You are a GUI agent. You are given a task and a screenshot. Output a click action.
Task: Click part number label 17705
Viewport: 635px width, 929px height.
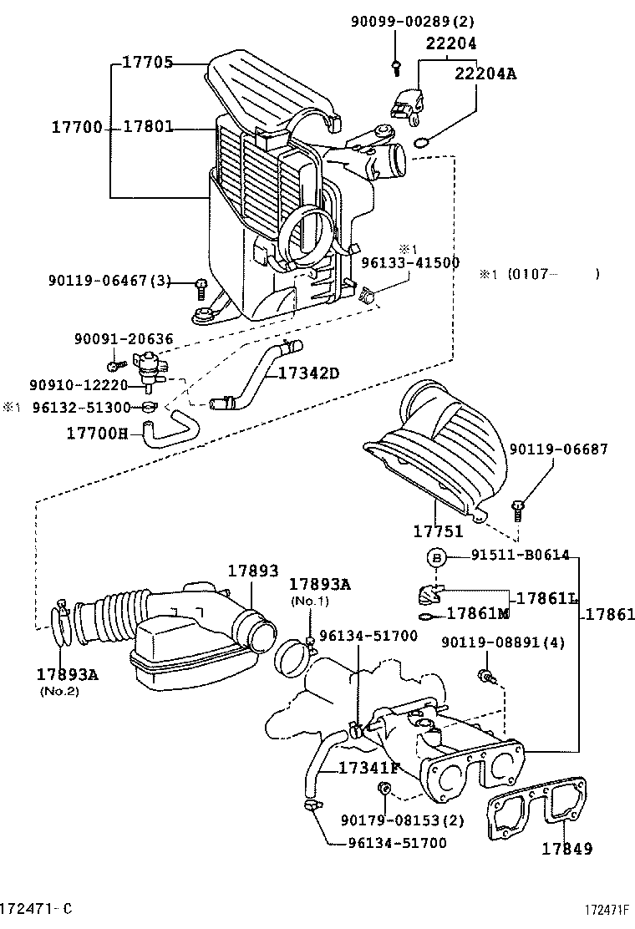(x=148, y=62)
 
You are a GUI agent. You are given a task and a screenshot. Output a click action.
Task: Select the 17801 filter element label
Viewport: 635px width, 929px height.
(x=148, y=128)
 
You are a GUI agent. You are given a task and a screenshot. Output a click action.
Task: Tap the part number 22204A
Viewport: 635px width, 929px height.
(x=485, y=74)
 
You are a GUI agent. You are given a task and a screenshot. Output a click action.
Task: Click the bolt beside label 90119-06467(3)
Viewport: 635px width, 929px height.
(x=201, y=287)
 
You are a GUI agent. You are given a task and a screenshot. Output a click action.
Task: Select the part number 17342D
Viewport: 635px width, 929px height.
(x=308, y=373)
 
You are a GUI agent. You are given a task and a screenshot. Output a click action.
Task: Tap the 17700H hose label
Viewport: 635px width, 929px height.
(x=97, y=433)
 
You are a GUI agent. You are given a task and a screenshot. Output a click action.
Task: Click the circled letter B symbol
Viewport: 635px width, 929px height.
(x=435, y=556)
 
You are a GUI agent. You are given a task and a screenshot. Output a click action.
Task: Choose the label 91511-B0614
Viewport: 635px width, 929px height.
(x=520, y=555)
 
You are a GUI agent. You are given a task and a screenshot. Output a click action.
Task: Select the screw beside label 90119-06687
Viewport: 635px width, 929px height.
(x=517, y=508)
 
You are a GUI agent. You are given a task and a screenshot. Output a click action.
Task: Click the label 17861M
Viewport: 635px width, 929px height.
(x=478, y=614)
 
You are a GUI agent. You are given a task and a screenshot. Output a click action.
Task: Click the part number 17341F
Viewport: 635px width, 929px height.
(x=368, y=768)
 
